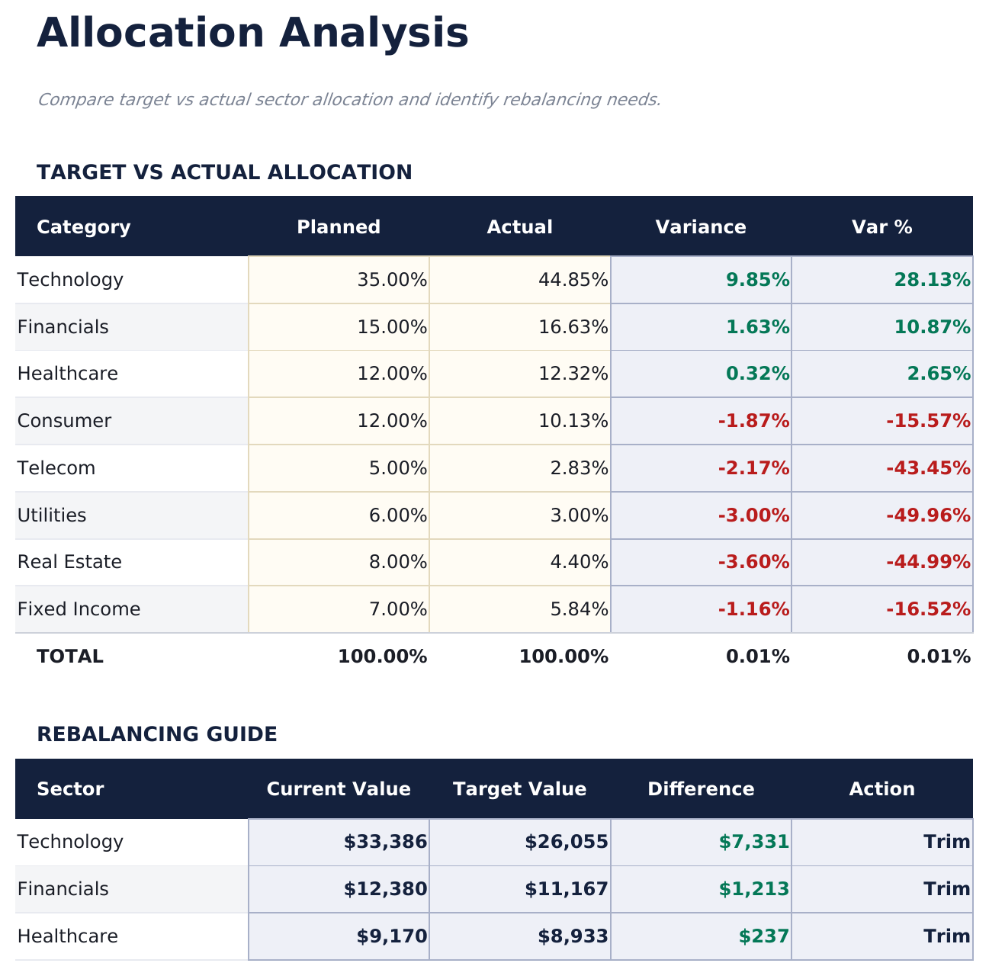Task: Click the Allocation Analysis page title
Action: (252, 34)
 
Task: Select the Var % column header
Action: (881, 227)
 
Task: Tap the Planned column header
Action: (339, 227)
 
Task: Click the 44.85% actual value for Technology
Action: (573, 280)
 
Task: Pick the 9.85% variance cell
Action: (757, 280)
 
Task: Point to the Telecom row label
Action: (56, 468)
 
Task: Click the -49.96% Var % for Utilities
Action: (927, 515)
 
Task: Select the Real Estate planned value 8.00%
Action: (397, 563)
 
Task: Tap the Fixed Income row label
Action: (79, 609)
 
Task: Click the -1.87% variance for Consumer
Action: (753, 421)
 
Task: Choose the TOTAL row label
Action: (70, 657)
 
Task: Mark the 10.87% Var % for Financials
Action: (932, 327)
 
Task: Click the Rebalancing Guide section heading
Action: (157, 734)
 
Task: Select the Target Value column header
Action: (519, 789)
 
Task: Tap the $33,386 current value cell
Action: (385, 842)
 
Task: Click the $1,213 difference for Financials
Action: (753, 889)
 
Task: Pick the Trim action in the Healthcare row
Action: (946, 936)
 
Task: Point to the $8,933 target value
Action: (573, 936)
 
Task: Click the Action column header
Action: (881, 789)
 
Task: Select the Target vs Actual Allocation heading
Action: (224, 172)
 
